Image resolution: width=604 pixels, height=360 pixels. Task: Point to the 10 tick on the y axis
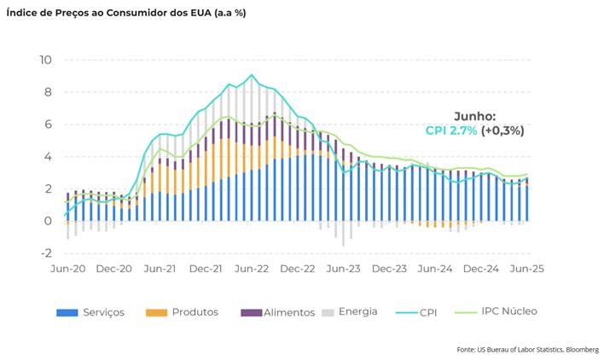(45, 60)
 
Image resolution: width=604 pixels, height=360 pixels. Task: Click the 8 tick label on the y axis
(49, 92)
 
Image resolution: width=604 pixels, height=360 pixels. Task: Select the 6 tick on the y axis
(49, 125)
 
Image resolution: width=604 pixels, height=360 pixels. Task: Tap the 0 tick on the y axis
(49, 221)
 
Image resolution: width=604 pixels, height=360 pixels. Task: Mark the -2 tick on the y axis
(46, 253)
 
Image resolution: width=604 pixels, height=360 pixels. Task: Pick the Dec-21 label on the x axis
(206, 268)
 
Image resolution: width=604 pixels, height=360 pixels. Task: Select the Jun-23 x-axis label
(345, 268)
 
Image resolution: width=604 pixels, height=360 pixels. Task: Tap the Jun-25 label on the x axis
(526, 268)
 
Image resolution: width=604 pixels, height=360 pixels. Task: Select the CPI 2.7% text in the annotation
(451, 131)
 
